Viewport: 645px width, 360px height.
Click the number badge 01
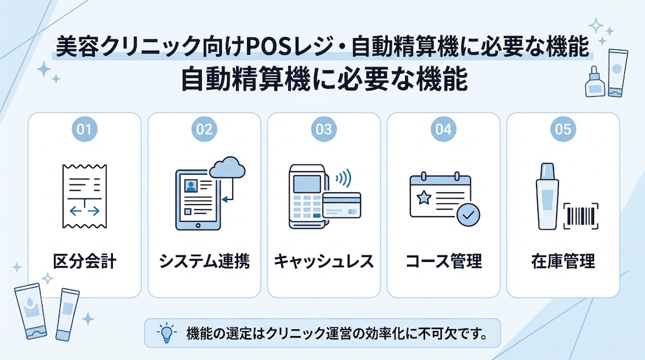coord(84,129)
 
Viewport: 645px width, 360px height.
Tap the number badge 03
coord(324,129)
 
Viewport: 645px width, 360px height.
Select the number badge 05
coord(562,129)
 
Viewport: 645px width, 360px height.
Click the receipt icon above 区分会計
coord(84,196)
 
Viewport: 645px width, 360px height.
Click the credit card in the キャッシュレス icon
coord(342,205)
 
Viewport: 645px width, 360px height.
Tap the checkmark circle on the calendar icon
coord(468,214)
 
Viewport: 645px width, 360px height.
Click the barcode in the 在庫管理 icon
coord(581,215)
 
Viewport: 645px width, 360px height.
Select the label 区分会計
coord(84,261)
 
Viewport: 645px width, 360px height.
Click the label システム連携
coord(204,261)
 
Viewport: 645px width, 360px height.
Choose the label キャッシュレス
coord(324,261)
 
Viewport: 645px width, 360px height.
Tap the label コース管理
coord(444,261)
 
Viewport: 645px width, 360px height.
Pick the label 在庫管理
coord(562,261)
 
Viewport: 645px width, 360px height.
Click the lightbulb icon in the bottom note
coord(166,333)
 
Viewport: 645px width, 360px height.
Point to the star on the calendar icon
coord(424,198)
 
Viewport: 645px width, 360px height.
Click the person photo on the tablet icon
coord(191,186)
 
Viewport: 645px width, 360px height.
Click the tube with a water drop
coord(30,311)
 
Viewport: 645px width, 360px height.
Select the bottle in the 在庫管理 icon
coord(547,197)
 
